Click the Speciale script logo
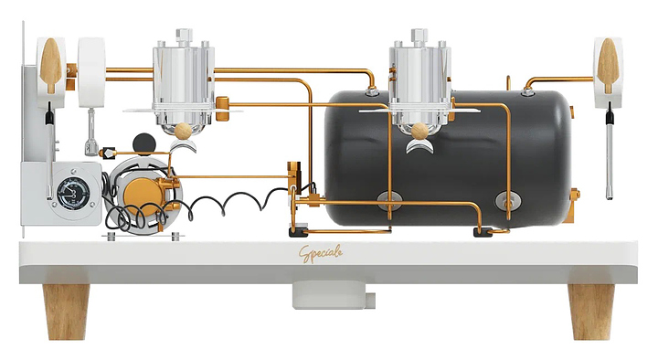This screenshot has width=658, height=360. pos(321,253)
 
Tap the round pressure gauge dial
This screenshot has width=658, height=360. pos(73,193)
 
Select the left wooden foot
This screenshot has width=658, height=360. pos(67,312)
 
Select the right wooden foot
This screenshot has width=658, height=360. pos(591,312)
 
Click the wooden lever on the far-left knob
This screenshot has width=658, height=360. pos(51,65)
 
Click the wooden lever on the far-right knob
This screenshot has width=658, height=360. pos(607,65)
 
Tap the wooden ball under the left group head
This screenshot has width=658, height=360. pos(183,131)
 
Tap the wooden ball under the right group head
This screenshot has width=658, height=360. pos(419,131)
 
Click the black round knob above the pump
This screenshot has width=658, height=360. pos(144,143)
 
